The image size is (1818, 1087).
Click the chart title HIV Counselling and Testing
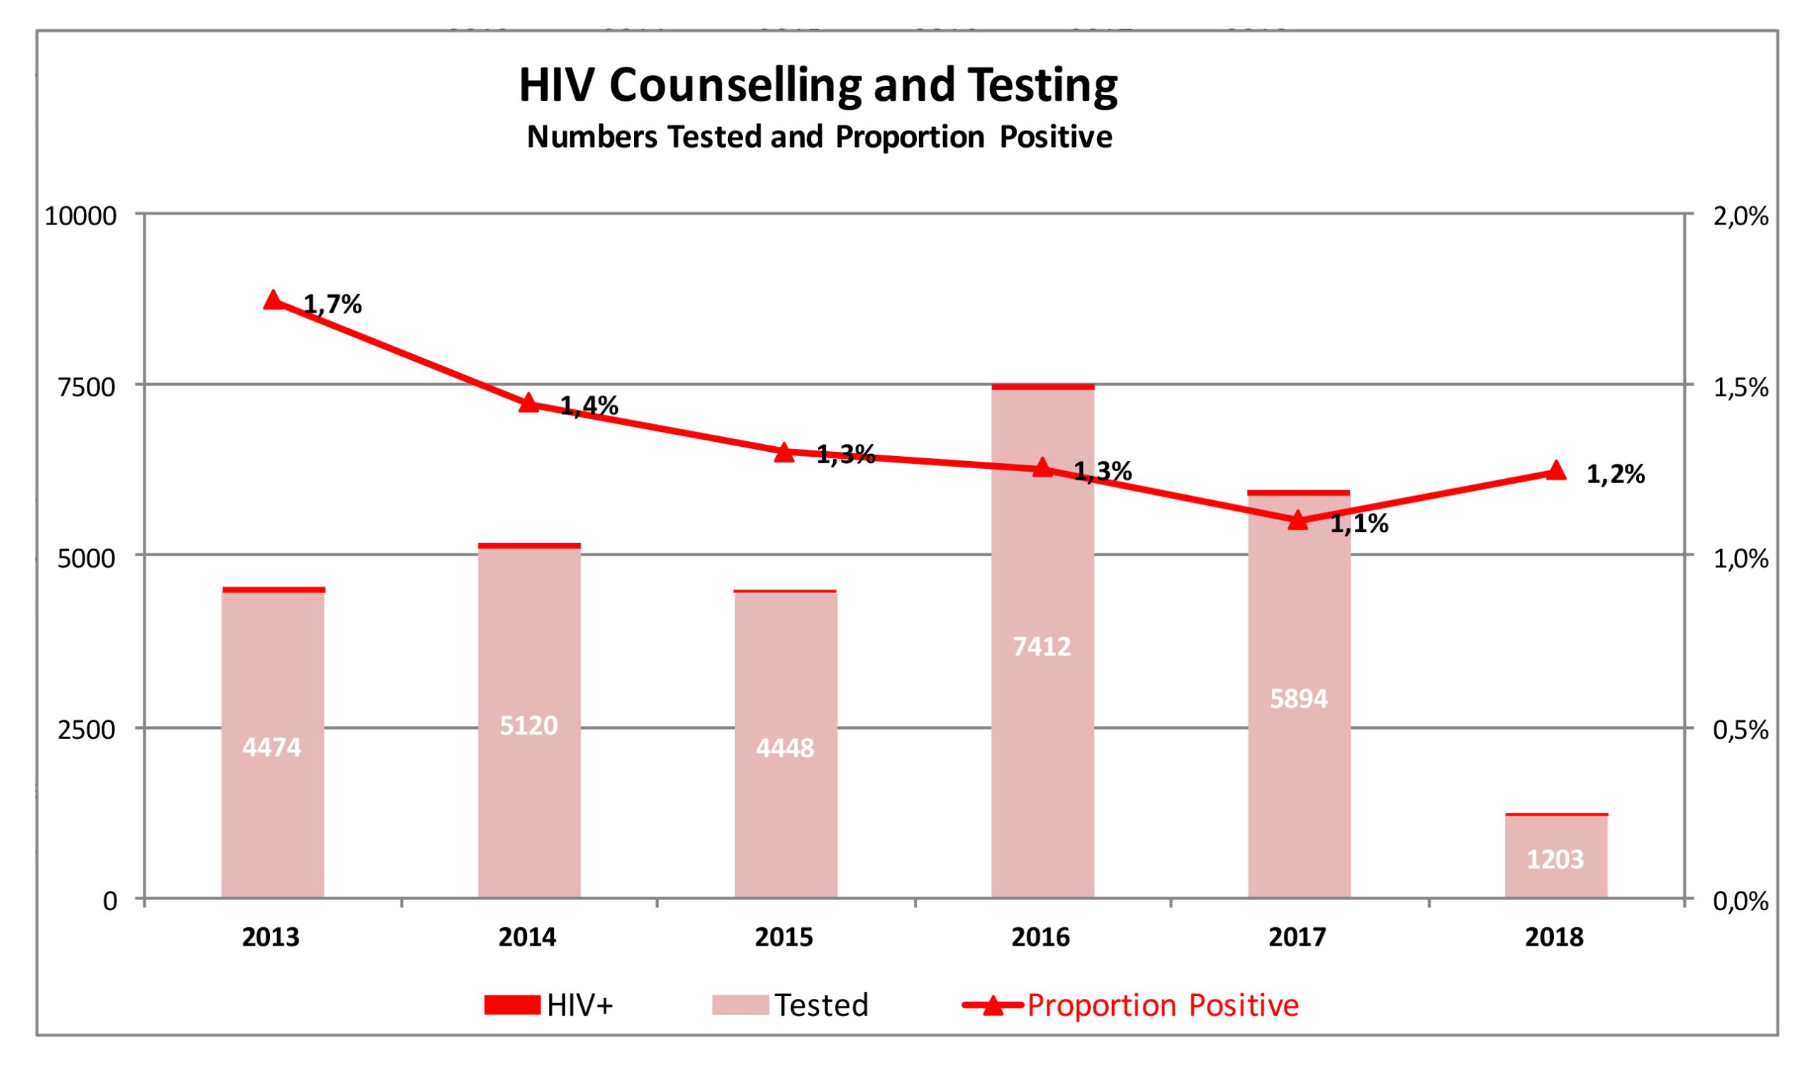[818, 86]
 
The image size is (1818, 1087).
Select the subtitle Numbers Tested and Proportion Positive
[820, 137]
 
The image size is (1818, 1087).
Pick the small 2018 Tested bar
[1556, 857]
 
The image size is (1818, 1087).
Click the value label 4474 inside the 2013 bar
[272, 747]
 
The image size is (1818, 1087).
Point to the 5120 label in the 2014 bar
[528, 725]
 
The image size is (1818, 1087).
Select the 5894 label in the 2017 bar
[1298, 699]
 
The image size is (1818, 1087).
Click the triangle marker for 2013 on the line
[273, 301]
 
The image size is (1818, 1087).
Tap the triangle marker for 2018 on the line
[1556, 470]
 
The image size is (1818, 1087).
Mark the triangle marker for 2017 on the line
[1298, 521]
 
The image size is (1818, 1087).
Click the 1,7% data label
[332, 305]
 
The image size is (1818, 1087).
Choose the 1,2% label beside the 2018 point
[1615, 475]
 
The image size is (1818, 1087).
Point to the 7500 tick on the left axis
[87, 386]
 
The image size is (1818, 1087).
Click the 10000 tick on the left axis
[80, 216]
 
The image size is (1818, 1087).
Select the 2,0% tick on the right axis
[1741, 216]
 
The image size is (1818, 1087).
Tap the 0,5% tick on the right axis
[1741, 730]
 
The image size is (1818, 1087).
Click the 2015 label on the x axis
[784, 938]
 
